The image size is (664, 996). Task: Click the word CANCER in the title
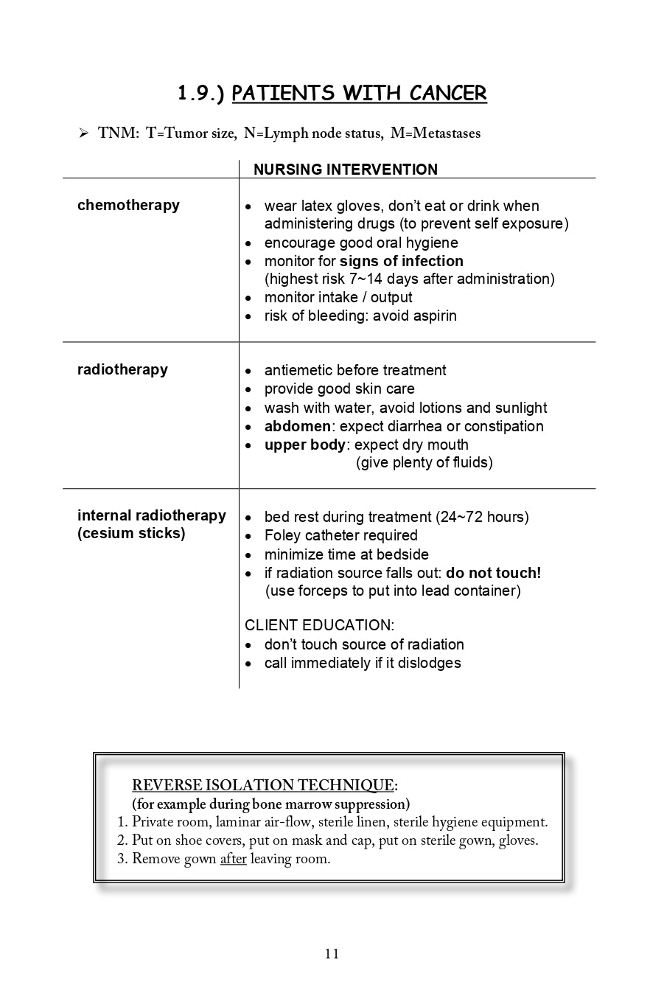[x=448, y=94]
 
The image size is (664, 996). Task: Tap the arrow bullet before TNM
[x=83, y=133]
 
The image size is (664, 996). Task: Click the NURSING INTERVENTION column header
[x=345, y=170]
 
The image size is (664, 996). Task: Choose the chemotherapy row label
[x=128, y=205]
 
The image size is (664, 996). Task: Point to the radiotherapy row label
[x=122, y=369]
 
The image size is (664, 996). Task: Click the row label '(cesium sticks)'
[x=131, y=533]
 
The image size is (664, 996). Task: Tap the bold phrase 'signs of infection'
[x=401, y=261]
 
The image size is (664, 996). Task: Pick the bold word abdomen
[x=297, y=426]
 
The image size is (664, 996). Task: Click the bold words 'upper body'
[x=304, y=445]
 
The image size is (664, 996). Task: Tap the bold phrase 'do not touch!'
[x=493, y=573]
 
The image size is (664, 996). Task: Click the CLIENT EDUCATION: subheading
[x=319, y=625]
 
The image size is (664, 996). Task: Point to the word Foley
[x=282, y=535]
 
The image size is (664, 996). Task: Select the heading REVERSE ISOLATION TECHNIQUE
[x=263, y=784]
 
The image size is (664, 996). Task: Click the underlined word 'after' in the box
[x=233, y=859]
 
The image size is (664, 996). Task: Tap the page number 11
[x=332, y=954]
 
